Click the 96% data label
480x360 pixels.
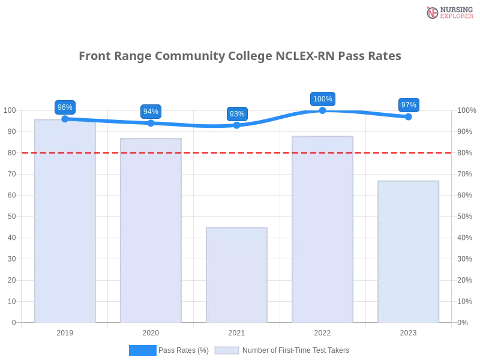[64, 107]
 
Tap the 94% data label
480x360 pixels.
[151, 112]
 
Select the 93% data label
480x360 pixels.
[237, 114]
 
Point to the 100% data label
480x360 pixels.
[323, 99]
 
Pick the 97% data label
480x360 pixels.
[409, 105]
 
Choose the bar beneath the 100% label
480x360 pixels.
[322, 230]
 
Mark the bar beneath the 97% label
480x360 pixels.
[408, 252]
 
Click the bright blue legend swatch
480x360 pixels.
[142, 350]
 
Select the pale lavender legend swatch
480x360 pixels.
[227, 350]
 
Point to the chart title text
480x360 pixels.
[240, 56]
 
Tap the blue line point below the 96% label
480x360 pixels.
[65, 118]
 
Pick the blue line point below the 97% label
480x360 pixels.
[409, 116]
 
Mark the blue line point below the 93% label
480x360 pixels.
[237, 125]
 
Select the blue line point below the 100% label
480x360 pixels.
[323, 111]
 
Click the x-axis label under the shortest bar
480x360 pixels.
[235, 331]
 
